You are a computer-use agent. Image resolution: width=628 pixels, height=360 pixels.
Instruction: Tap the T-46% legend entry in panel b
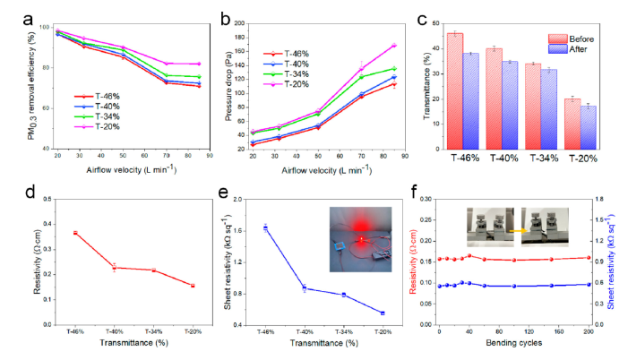[300, 53]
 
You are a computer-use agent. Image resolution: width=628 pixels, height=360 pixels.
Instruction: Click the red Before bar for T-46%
[455, 90]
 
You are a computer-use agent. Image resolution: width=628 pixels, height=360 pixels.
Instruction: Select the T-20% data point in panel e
[383, 313]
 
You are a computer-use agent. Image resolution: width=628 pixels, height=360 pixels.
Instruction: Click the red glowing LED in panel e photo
[359, 241]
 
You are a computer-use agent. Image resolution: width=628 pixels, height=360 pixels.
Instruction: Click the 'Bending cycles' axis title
[510, 345]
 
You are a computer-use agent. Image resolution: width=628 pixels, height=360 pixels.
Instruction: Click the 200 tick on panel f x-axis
[588, 331]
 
